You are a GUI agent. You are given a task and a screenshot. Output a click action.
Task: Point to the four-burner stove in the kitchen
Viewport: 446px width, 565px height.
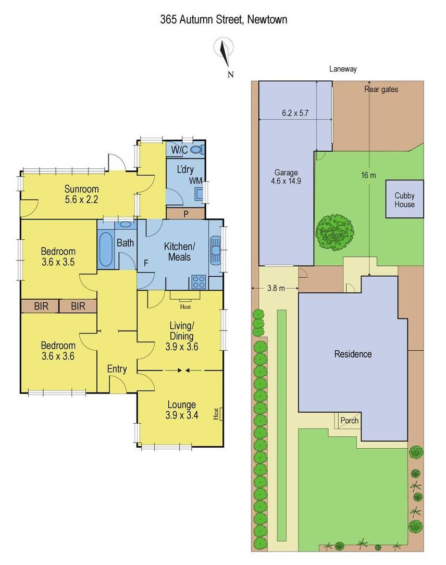click(x=199, y=281)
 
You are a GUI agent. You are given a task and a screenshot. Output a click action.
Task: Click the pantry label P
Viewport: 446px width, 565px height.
click(x=186, y=214)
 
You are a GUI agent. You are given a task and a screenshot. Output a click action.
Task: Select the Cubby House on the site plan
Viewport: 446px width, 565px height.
click(x=404, y=199)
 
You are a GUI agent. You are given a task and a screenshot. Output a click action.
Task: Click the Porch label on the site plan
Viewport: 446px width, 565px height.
click(x=350, y=420)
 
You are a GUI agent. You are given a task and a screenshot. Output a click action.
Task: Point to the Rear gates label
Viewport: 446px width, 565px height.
click(x=381, y=89)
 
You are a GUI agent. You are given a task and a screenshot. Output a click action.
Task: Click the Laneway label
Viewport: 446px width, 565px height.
click(x=343, y=69)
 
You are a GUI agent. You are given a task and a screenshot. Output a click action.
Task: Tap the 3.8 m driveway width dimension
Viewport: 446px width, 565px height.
click(x=276, y=288)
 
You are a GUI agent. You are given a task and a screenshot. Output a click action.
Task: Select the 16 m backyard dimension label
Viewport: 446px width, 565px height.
click(x=368, y=175)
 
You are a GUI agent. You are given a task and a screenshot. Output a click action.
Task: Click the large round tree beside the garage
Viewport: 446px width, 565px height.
click(x=334, y=233)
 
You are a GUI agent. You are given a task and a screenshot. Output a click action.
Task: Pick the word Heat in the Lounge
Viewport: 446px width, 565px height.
click(x=216, y=414)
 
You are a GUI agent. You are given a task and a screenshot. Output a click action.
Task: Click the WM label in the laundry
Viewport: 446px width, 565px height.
click(x=195, y=180)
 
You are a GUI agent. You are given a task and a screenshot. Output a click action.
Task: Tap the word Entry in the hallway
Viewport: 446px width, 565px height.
click(x=117, y=369)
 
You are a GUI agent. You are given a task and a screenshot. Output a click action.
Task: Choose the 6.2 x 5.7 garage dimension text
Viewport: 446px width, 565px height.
click(x=295, y=113)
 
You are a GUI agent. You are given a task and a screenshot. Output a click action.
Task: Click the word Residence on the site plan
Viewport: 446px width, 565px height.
click(x=353, y=354)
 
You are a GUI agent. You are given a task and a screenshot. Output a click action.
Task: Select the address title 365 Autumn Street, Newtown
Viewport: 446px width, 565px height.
click(x=224, y=19)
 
